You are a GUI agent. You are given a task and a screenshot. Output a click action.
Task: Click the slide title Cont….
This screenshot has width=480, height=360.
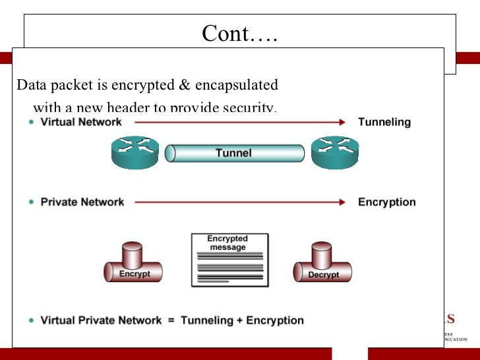pyautogui.click(x=239, y=33)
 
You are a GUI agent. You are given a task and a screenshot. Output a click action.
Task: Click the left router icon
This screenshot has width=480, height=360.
pyautogui.click(x=135, y=152)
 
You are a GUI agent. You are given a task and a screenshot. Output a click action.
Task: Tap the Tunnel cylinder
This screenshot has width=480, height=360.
pyautogui.click(x=234, y=154)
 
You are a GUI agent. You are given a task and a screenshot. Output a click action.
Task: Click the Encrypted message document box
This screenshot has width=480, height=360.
pyautogui.click(x=229, y=260)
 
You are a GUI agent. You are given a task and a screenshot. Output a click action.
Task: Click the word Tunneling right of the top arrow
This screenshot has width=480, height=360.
pyautogui.click(x=384, y=122)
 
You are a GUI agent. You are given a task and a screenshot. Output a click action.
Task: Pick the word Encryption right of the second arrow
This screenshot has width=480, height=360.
pyautogui.click(x=386, y=202)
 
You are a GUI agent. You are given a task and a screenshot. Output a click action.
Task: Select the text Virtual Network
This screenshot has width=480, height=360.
pyautogui.click(x=81, y=122)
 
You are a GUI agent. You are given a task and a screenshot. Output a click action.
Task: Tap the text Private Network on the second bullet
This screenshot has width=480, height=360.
pyautogui.click(x=82, y=202)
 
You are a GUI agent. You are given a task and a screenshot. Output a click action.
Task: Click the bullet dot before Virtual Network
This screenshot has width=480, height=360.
pyautogui.click(x=32, y=123)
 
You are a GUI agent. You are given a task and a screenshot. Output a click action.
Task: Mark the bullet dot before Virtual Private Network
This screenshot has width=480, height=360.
pyautogui.click(x=32, y=320)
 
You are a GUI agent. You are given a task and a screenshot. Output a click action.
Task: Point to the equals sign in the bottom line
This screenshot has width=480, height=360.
pyautogui.click(x=171, y=320)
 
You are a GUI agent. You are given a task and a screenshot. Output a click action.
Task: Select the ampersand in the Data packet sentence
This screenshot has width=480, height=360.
pyautogui.click(x=185, y=86)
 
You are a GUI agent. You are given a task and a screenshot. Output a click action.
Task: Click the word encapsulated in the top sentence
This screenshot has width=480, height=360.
pyautogui.click(x=236, y=86)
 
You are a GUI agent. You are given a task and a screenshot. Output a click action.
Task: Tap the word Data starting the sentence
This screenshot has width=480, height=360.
pyautogui.click(x=29, y=86)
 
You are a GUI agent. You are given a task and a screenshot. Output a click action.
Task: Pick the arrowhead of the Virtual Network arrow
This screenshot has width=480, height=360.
pyautogui.click(x=342, y=122)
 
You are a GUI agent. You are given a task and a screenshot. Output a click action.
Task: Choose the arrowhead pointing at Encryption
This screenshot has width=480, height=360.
pyautogui.click(x=342, y=202)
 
